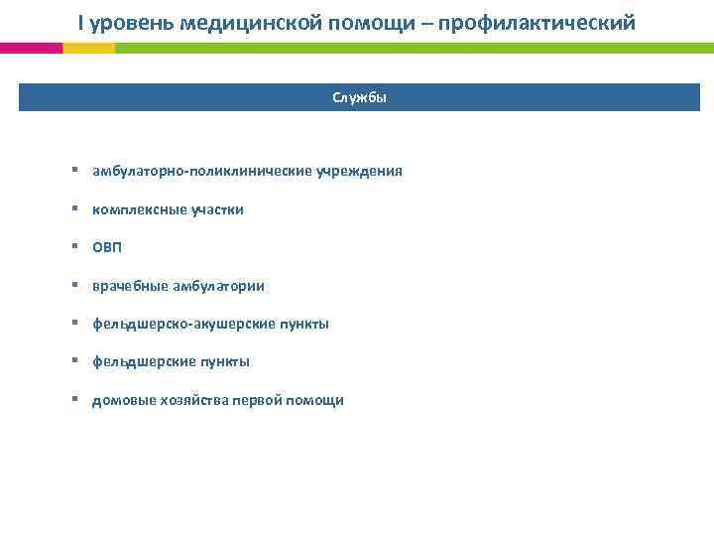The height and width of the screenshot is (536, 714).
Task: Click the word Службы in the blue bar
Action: coord(359,97)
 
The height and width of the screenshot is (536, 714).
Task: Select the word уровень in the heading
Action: coord(127,22)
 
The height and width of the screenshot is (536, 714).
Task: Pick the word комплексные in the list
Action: coord(133,209)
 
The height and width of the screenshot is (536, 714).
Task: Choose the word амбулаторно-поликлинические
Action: coord(202,171)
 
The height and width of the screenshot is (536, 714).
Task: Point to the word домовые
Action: coord(120,400)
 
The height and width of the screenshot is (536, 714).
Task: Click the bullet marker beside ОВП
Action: coord(75,247)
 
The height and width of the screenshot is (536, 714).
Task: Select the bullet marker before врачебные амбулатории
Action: coord(75,285)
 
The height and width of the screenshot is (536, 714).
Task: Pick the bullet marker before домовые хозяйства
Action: coord(75,399)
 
